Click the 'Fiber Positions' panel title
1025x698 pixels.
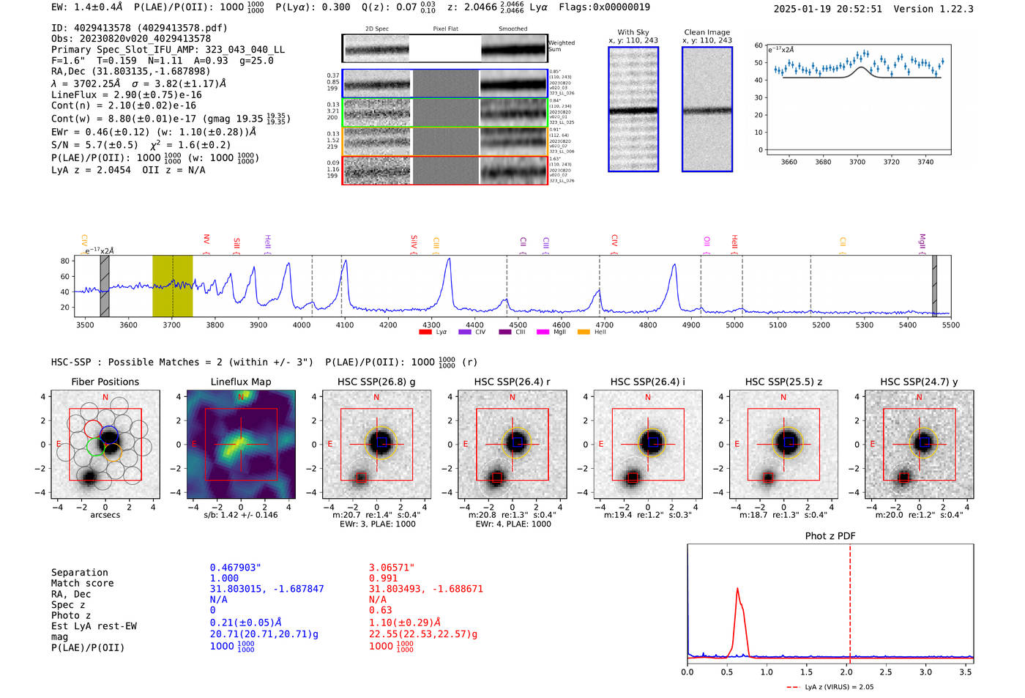[x=105, y=382]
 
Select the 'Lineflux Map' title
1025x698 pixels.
[x=241, y=382]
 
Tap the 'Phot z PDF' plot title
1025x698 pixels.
[x=830, y=535]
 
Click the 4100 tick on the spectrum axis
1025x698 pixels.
[x=344, y=324]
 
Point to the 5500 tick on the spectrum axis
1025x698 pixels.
[x=950, y=324]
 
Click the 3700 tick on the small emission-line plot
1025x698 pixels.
[x=857, y=162]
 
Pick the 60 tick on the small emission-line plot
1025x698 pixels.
[x=758, y=45]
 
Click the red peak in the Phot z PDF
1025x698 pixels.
[x=737, y=589]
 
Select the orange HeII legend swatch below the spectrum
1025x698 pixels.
[x=584, y=333]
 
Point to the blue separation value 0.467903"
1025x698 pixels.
[x=235, y=568]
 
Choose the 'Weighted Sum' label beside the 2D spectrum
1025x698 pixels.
[x=562, y=46]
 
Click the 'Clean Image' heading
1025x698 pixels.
[x=707, y=32]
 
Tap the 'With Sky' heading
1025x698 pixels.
[x=633, y=32]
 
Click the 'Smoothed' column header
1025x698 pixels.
[x=512, y=29]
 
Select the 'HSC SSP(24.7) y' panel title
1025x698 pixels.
[x=919, y=382]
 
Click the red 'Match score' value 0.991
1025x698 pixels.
[x=384, y=579]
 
